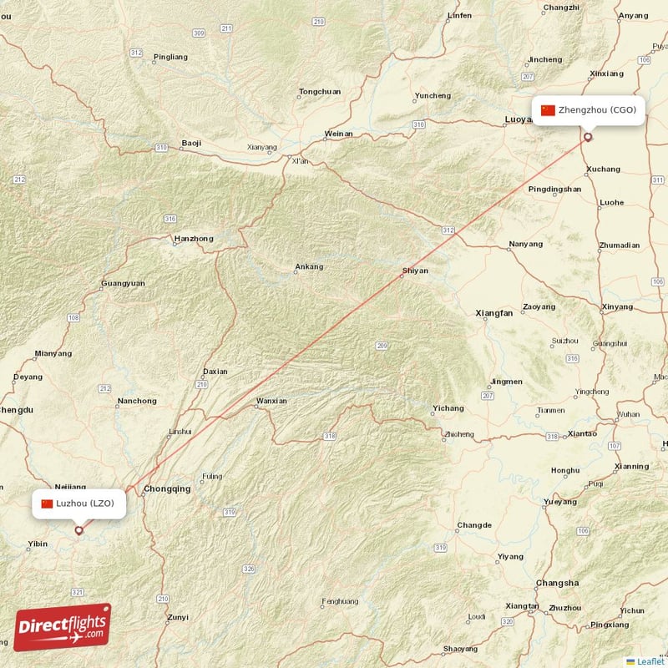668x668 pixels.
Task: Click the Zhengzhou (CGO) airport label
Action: pos(590,110)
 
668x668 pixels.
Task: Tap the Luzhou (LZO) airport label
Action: pos(80,503)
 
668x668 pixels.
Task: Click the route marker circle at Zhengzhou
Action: pos(588,138)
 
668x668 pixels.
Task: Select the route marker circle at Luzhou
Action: pos(79,529)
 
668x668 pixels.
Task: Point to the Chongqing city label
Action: pos(167,488)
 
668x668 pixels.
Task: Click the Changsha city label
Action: pos(557,583)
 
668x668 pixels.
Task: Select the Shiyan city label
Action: pos(415,271)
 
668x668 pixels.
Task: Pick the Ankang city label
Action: pos(308,267)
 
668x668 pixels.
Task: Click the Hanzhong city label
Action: pos(193,239)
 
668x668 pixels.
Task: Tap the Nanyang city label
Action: pos(525,245)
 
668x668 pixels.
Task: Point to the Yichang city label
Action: pos(448,408)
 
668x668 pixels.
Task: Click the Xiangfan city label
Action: pos(494,313)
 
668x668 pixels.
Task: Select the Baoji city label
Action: pos(191,144)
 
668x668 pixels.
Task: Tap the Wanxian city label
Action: pos(271,401)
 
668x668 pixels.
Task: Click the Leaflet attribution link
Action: pos(650,661)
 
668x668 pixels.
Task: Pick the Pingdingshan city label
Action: pos(554,190)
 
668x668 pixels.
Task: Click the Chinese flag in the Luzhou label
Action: pos(47,503)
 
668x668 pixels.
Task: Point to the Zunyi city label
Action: pos(177,618)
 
